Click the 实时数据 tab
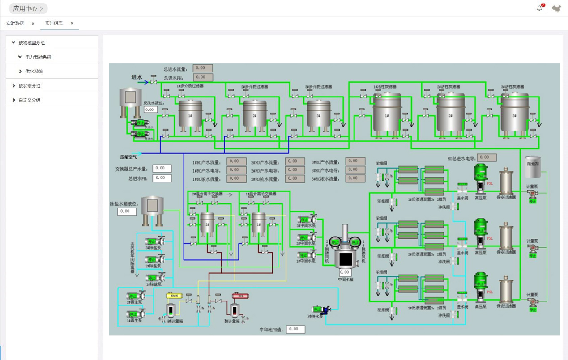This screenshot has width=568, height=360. (15, 23)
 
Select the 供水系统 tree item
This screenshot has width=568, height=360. (34, 72)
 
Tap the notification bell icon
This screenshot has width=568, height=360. (539, 8)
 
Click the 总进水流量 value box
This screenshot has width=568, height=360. (203, 68)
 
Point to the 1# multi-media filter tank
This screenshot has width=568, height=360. (190, 114)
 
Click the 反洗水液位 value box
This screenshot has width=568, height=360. (150, 109)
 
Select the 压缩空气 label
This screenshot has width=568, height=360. (128, 157)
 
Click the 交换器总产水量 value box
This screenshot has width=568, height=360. (162, 169)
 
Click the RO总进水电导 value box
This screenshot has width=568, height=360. (487, 157)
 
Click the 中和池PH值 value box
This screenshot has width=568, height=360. (295, 329)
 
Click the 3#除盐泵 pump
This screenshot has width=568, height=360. (154, 242)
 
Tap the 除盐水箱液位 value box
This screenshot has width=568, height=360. (127, 212)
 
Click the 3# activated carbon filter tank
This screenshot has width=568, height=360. (514, 114)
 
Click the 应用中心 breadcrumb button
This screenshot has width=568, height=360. (28, 8)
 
